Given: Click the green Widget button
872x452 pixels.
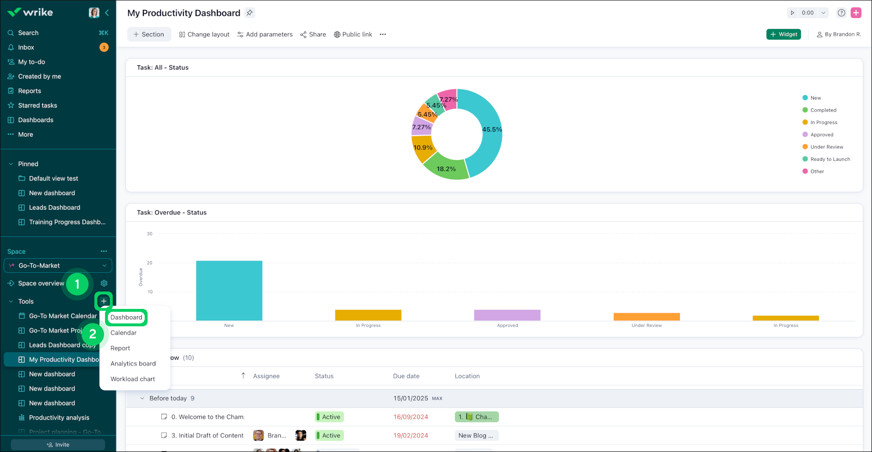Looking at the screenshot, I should point(783,34).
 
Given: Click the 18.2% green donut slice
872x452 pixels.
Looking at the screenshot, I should point(446,169).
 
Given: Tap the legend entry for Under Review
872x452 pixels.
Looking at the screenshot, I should point(827,147).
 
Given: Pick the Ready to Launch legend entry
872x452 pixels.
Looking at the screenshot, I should point(830,159).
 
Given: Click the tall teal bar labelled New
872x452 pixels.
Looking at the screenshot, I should point(229,290).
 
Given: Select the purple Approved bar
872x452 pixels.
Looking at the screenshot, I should point(507,315).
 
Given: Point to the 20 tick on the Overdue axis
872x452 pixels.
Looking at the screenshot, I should point(150,263).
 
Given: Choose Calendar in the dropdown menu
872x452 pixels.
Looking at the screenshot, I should point(123,333).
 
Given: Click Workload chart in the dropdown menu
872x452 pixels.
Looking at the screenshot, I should point(133,379).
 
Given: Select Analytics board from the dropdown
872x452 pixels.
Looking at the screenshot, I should point(133,364).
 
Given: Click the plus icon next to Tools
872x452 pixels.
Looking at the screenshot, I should point(104,301).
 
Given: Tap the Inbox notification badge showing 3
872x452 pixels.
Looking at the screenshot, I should point(104,47).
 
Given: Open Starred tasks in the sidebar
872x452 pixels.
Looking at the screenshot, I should point(37,105).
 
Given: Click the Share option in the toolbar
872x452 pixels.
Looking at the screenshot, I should point(313,34).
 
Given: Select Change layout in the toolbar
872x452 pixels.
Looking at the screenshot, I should point(204,34).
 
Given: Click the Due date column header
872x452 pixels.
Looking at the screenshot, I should point(406,376).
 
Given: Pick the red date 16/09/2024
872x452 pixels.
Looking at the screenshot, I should point(410,417).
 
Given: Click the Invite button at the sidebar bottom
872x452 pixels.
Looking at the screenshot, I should point(58,445).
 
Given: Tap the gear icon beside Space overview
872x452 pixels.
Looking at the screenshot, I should point(104,283).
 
